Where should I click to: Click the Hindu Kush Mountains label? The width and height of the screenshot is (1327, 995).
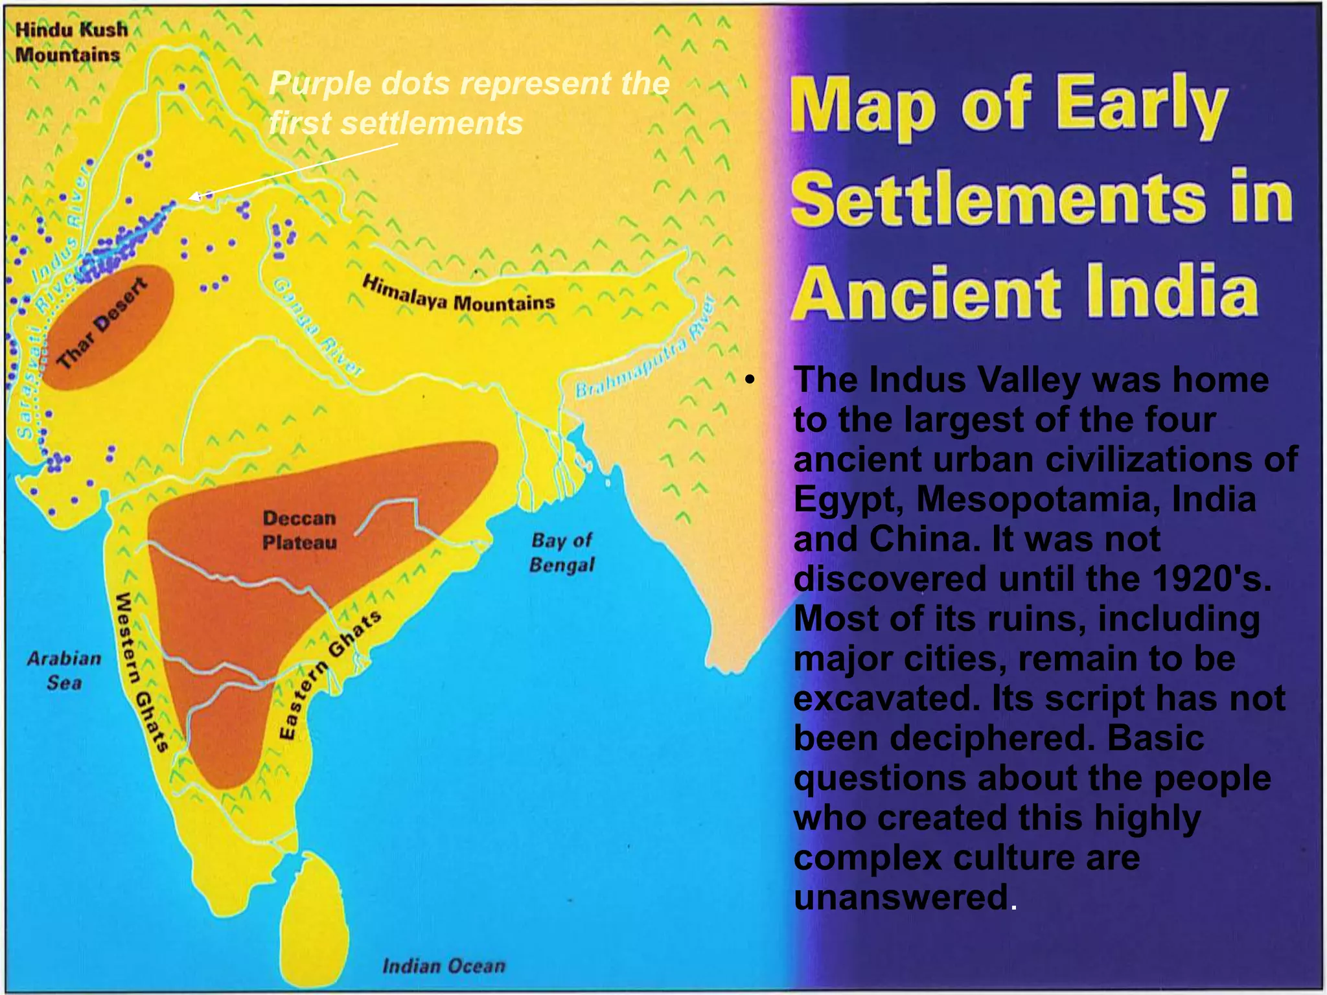pos(71,41)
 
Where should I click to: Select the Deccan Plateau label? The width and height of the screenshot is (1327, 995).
pos(299,530)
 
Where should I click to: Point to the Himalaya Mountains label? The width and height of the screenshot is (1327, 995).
pos(458,295)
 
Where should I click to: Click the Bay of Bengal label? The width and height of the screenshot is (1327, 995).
pos(562,553)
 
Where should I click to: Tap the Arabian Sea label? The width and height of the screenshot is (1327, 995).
pos(64,670)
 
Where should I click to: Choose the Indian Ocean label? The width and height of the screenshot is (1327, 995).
pos(443,966)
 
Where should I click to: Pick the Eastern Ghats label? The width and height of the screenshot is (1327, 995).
pos(329,674)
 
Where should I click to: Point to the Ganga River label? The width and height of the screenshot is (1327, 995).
pos(317,327)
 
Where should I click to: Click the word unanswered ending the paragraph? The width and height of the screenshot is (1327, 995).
pos(901,898)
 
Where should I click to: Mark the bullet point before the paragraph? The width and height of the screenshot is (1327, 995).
pos(750,380)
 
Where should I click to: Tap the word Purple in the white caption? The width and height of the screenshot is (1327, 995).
pos(321,84)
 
